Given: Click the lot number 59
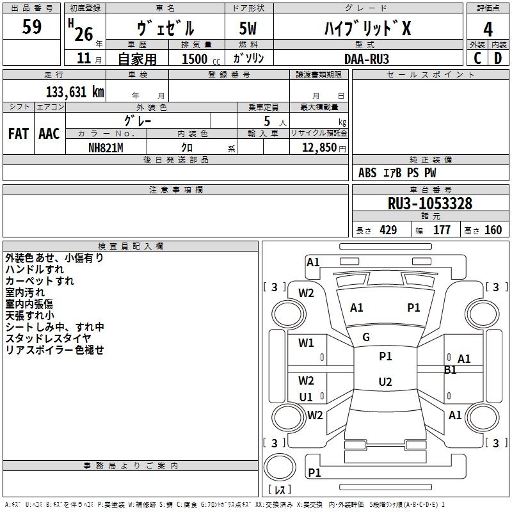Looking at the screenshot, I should coord(32,27).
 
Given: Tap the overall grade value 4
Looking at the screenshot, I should coord(488,29).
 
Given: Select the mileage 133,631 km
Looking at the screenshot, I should coord(74,92).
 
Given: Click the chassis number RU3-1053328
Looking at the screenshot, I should coord(430,204).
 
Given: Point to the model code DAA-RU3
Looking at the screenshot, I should coord(367,58).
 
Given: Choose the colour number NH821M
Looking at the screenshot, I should coord(106,147).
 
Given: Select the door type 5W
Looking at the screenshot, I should coord(248,28).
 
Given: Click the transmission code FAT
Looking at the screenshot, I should coord(19,133).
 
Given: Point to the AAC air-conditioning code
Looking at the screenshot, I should coord(49,133).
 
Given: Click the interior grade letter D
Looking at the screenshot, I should coord(498,58).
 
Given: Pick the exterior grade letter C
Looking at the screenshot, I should coord(477,58).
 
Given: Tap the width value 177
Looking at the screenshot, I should coord(442,230).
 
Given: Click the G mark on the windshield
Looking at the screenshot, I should coord(366,337).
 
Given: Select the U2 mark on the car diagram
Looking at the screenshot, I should coord(385,382).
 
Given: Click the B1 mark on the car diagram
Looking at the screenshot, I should coord(451,369).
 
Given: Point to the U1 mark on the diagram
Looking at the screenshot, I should coord(306,397).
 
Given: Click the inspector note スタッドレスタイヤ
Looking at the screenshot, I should coord(49,338).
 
